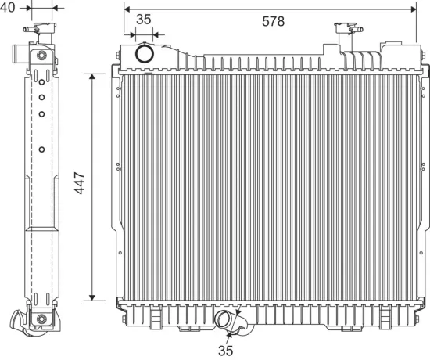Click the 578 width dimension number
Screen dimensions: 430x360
click(273, 21)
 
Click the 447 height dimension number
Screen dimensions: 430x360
click(80, 183)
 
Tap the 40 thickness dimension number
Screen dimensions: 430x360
click(7, 7)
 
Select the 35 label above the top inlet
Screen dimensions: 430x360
click(144, 20)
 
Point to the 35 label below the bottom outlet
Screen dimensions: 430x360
click(226, 351)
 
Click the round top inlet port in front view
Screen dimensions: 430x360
click(145, 53)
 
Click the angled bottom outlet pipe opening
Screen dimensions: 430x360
click(222, 319)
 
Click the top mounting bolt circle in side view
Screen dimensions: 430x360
click(41, 56)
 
